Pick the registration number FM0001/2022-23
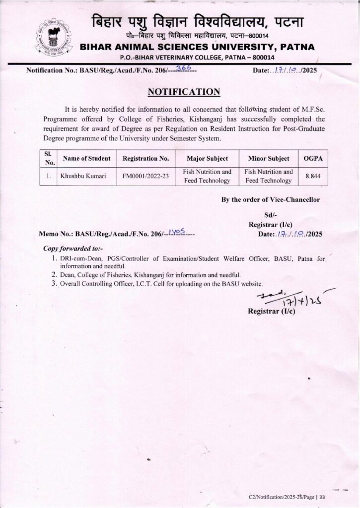145,176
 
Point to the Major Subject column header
207,158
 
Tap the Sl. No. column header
49,158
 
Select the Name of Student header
86,158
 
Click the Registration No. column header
145,158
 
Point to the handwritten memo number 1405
177,231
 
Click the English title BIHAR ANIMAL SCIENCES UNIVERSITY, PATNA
197,47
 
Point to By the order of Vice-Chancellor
271,200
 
